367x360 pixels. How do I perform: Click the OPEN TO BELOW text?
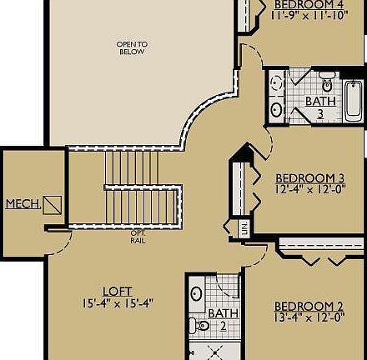132,47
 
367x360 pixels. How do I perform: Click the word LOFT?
117,291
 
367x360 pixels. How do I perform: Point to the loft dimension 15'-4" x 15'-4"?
118,302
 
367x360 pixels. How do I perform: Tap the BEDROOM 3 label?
309,177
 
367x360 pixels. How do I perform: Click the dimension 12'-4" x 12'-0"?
309,189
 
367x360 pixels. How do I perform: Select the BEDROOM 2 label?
309,305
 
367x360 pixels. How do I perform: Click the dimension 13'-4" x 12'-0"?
309,317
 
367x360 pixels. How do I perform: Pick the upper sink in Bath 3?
276,84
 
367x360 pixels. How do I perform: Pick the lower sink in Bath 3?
276,108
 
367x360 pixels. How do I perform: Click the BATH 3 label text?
320,107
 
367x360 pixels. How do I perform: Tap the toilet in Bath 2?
194,324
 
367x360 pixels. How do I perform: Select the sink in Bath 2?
194,293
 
